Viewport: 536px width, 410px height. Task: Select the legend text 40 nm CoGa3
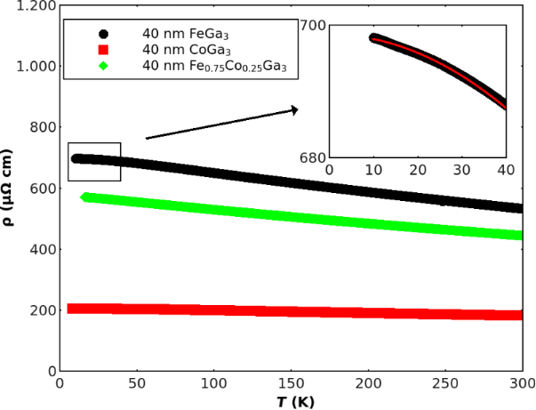pos(180,50)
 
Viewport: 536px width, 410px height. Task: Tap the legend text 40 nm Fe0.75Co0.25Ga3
pos(214,67)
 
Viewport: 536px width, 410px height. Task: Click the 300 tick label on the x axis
pos(521,383)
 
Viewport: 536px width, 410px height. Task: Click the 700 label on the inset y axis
pos(312,25)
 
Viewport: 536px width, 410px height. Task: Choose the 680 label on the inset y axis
pos(312,158)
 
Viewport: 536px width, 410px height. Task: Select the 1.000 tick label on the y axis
pos(32,68)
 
